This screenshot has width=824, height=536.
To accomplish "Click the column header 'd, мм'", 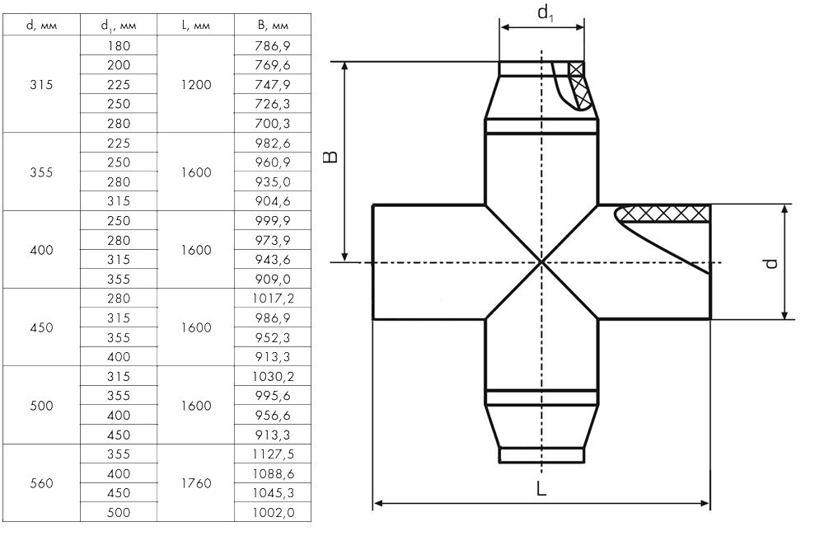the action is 41,25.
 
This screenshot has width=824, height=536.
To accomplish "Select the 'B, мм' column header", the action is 274,25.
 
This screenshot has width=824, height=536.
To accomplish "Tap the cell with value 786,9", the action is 273,45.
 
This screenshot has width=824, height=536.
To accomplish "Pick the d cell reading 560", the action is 41,483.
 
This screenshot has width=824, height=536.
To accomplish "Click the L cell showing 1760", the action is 196,483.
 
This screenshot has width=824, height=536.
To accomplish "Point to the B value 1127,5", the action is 274,454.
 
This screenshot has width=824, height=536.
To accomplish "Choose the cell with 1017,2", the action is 274,299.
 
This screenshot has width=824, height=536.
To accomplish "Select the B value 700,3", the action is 273,123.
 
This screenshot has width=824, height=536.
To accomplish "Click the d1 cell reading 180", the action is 119,45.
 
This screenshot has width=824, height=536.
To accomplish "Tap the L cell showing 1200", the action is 196,84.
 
